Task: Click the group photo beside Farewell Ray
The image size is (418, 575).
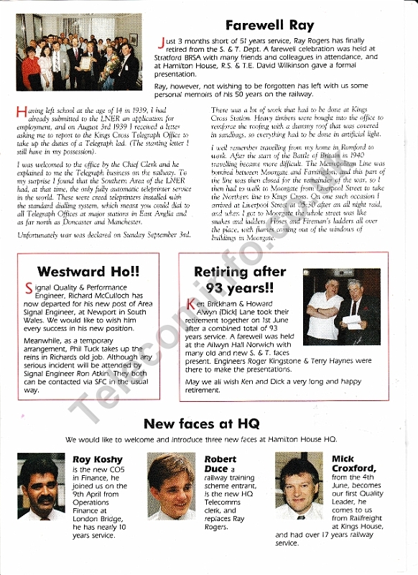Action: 78,52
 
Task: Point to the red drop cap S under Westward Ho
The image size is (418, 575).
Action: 29,289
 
